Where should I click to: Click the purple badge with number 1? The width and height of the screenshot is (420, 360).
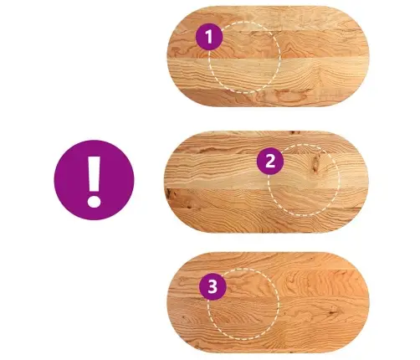[x=209, y=37]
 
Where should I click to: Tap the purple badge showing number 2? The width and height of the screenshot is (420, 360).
[x=270, y=162]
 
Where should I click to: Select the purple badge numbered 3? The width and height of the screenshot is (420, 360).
[x=213, y=286]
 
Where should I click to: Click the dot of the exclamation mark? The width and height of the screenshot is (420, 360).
[x=94, y=202]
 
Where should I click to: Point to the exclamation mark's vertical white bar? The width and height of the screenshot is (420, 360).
[x=94, y=173]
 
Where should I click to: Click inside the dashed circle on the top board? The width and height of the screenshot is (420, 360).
[x=244, y=57]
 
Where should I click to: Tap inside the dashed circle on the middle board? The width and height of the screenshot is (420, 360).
[x=304, y=180]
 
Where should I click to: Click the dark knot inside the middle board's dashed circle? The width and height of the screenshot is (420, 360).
[x=316, y=163]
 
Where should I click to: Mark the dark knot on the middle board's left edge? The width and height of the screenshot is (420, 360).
[x=168, y=193]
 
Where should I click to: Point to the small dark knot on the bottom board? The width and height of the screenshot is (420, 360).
[x=332, y=311]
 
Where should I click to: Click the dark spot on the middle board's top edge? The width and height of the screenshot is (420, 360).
[x=294, y=132]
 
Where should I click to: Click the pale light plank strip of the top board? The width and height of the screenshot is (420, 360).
[x=268, y=73]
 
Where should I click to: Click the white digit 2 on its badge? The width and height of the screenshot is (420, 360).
[x=270, y=162]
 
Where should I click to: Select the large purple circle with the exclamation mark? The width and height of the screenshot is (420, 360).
[x=94, y=180]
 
